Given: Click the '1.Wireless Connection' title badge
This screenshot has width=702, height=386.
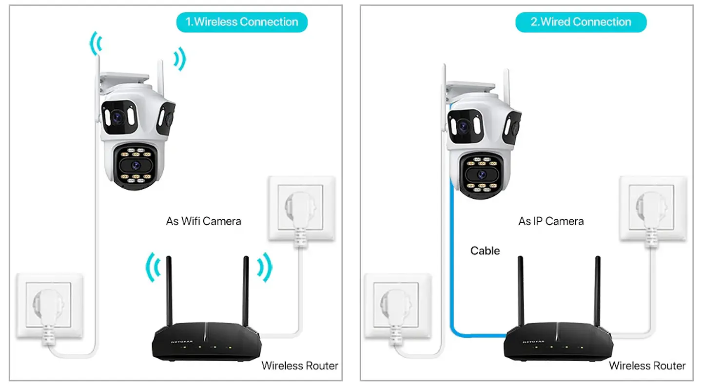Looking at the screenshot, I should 242,22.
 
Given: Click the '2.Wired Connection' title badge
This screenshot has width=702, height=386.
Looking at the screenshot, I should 581,22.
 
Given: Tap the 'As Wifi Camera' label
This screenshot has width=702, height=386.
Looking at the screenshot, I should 203,221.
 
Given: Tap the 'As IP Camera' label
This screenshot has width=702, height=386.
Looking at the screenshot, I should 551,221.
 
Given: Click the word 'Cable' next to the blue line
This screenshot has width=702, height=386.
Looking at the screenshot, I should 485,251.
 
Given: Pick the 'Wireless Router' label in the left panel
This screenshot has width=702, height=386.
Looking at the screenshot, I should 300,366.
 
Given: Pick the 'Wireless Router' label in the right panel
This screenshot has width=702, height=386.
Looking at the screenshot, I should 647,366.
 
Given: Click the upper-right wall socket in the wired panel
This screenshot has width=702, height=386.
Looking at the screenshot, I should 653,209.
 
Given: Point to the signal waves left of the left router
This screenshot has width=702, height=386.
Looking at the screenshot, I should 153,267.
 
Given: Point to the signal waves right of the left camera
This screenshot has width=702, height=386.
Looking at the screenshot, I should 180,58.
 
